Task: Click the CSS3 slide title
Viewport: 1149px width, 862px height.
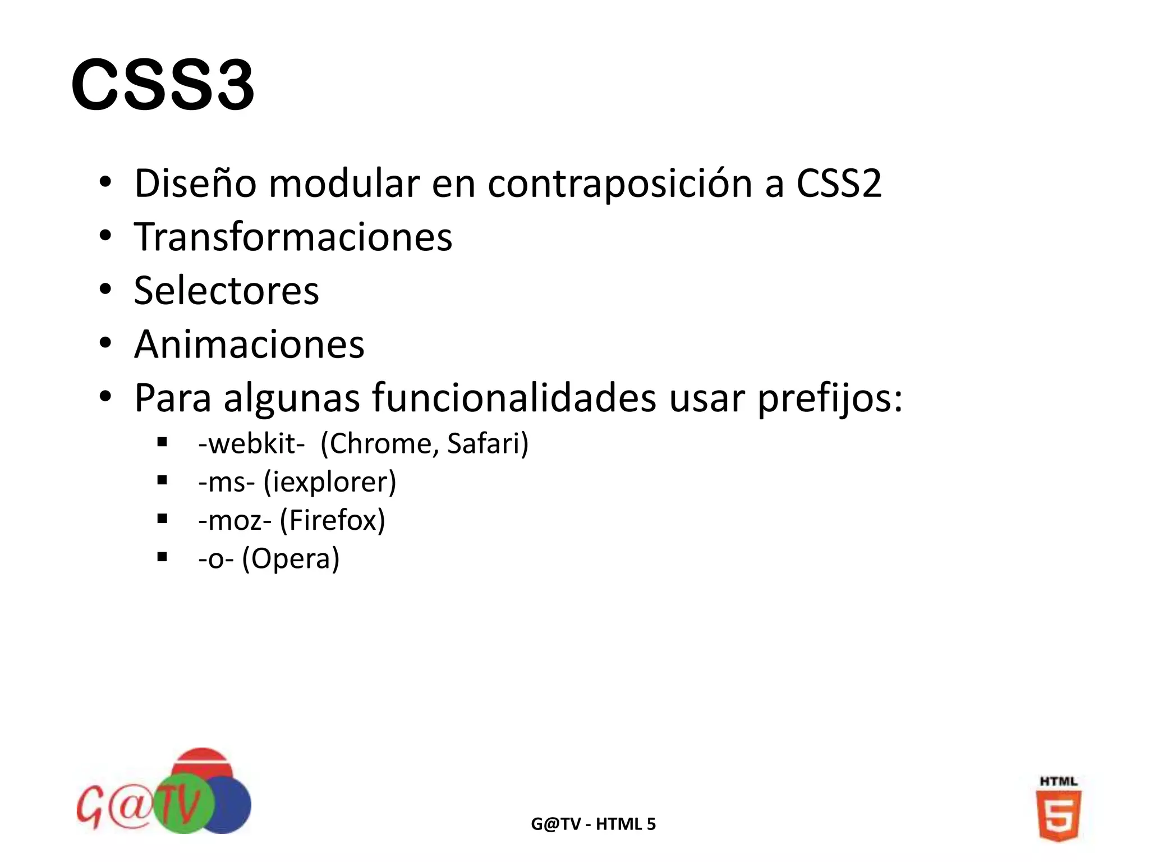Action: point(163,85)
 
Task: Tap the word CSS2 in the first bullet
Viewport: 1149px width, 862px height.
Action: point(839,184)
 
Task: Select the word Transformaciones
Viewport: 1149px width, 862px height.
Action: point(293,237)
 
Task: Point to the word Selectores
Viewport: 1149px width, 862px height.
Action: point(226,291)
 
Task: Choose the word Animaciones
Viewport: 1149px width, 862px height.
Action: point(249,344)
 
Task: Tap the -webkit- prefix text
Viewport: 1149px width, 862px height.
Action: point(251,444)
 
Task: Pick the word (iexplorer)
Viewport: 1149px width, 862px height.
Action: point(330,482)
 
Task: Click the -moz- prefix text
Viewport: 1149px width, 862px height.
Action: point(235,520)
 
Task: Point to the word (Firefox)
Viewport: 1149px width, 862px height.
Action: point(332,520)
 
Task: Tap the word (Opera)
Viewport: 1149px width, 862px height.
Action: point(291,558)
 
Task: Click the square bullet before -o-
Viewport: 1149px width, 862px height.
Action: point(163,557)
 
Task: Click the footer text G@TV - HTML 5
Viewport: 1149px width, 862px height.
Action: point(593,824)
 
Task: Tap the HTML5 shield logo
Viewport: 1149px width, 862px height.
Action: point(1058,814)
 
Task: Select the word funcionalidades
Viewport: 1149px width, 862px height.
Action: point(514,398)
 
